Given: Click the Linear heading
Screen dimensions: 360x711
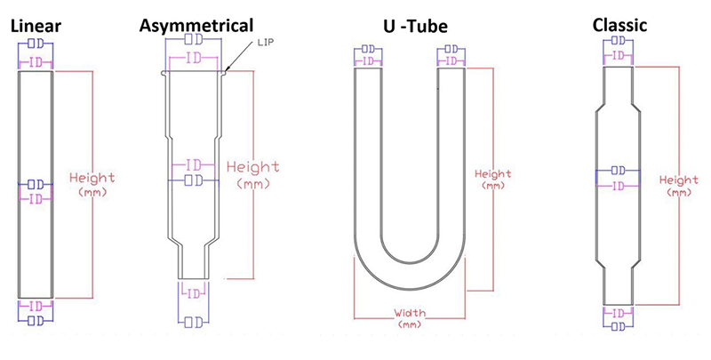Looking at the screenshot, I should click(36, 26).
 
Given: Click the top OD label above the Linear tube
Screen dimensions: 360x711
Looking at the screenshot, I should click(36, 44).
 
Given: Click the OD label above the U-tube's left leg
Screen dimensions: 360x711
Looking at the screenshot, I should click(368, 48).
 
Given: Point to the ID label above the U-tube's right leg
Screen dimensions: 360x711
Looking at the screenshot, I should click(451, 60).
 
